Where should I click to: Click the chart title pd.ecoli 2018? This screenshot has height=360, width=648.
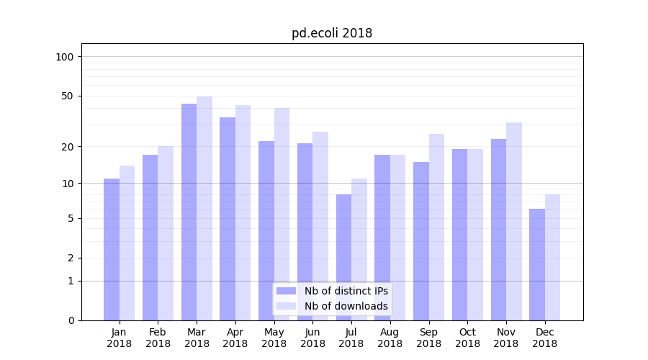click(332, 33)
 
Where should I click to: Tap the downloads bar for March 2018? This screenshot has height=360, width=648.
click(204, 209)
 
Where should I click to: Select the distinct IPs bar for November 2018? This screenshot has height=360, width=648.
click(498, 230)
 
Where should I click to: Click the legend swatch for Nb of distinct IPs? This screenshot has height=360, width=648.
click(286, 291)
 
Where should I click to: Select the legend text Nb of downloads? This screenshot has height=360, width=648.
click(346, 306)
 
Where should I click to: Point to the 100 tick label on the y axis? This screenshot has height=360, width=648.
click(64, 57)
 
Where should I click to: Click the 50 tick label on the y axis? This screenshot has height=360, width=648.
click(67, 96)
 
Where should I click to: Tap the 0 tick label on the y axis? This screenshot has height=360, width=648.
click(71, 320)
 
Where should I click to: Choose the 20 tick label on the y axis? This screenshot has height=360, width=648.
click(67, 147)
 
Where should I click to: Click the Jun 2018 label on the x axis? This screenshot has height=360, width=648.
click(312, 338)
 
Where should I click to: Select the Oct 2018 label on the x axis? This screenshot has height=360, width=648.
click(467, 338)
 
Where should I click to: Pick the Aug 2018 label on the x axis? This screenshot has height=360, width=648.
click(390, 338)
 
